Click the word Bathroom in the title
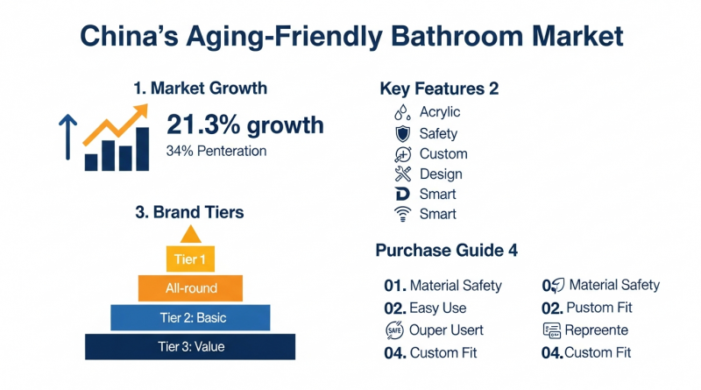click(457, 36)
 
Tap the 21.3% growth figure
click(245, 124)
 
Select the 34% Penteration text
click(216, 151)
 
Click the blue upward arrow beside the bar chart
click(68, 137)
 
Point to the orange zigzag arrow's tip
click(147, 104)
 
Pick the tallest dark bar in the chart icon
click(142, 149)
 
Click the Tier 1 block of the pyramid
click(190, 259)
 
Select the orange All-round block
click(190, 288)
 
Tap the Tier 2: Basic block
click(190, 317)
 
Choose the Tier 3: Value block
click(190, 346)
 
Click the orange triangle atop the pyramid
click(191, 234)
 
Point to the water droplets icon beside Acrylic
click(402, 112)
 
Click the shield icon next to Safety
click(403, 134)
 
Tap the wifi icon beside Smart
click(402, 214)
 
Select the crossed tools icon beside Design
click(403, 174)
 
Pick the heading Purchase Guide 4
click(446, 251)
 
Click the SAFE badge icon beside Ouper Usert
click(394, 330)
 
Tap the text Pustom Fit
click(599, 308)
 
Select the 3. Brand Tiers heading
click(189, 212)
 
